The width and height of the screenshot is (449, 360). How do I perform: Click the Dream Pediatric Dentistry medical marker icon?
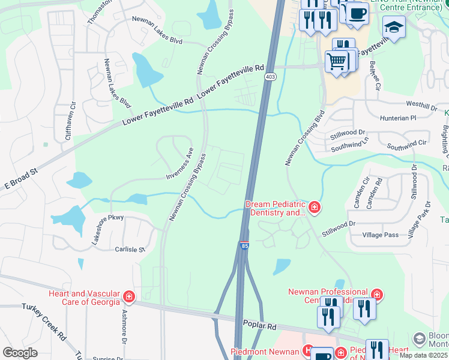315,208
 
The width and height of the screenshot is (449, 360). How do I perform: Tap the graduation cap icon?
394,27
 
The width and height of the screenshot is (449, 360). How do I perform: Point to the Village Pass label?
381,235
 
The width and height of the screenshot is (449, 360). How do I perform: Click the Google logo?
20,352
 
